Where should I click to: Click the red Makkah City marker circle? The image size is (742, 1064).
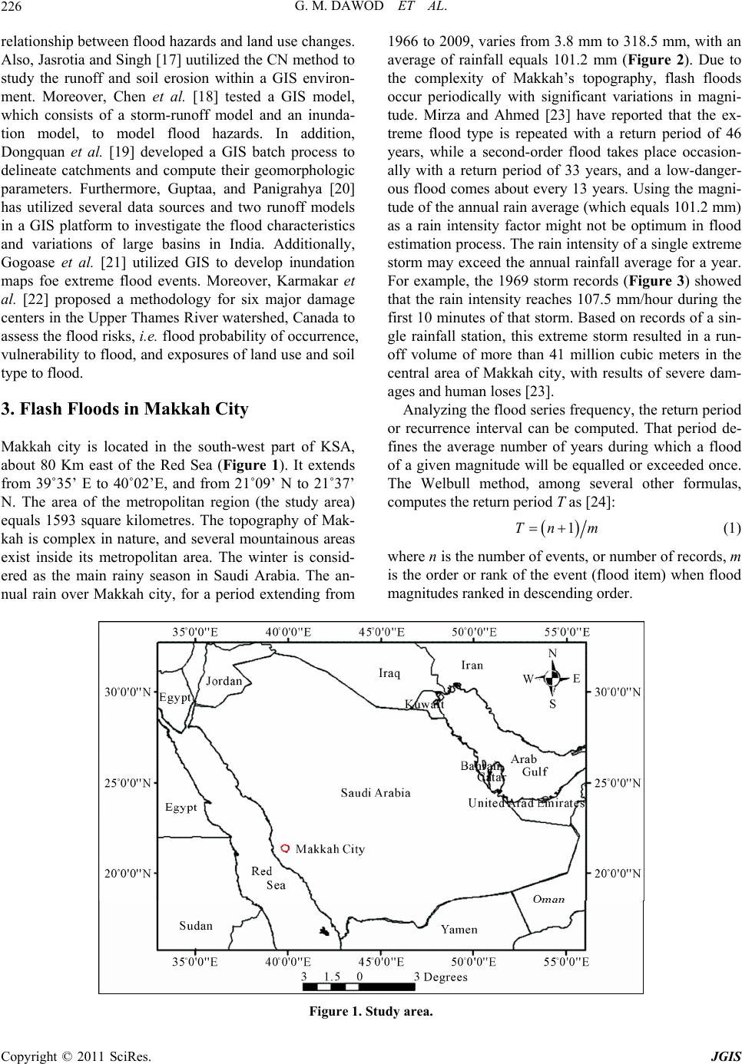tap(286, 848)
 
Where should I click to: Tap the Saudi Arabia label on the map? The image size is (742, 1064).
tap(376, 792)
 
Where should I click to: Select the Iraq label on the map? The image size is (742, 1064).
tap(389, 673)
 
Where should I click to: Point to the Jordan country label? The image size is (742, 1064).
tap(224, 680)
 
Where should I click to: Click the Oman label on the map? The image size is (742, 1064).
tap(549, 899)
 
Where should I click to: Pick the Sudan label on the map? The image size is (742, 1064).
tap(196, 925)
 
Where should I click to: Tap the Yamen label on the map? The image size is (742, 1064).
tap(459, 929)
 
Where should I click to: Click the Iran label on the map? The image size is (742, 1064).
tap(472, 665)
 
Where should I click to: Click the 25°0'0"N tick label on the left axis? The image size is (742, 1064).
tap(128, 783)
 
